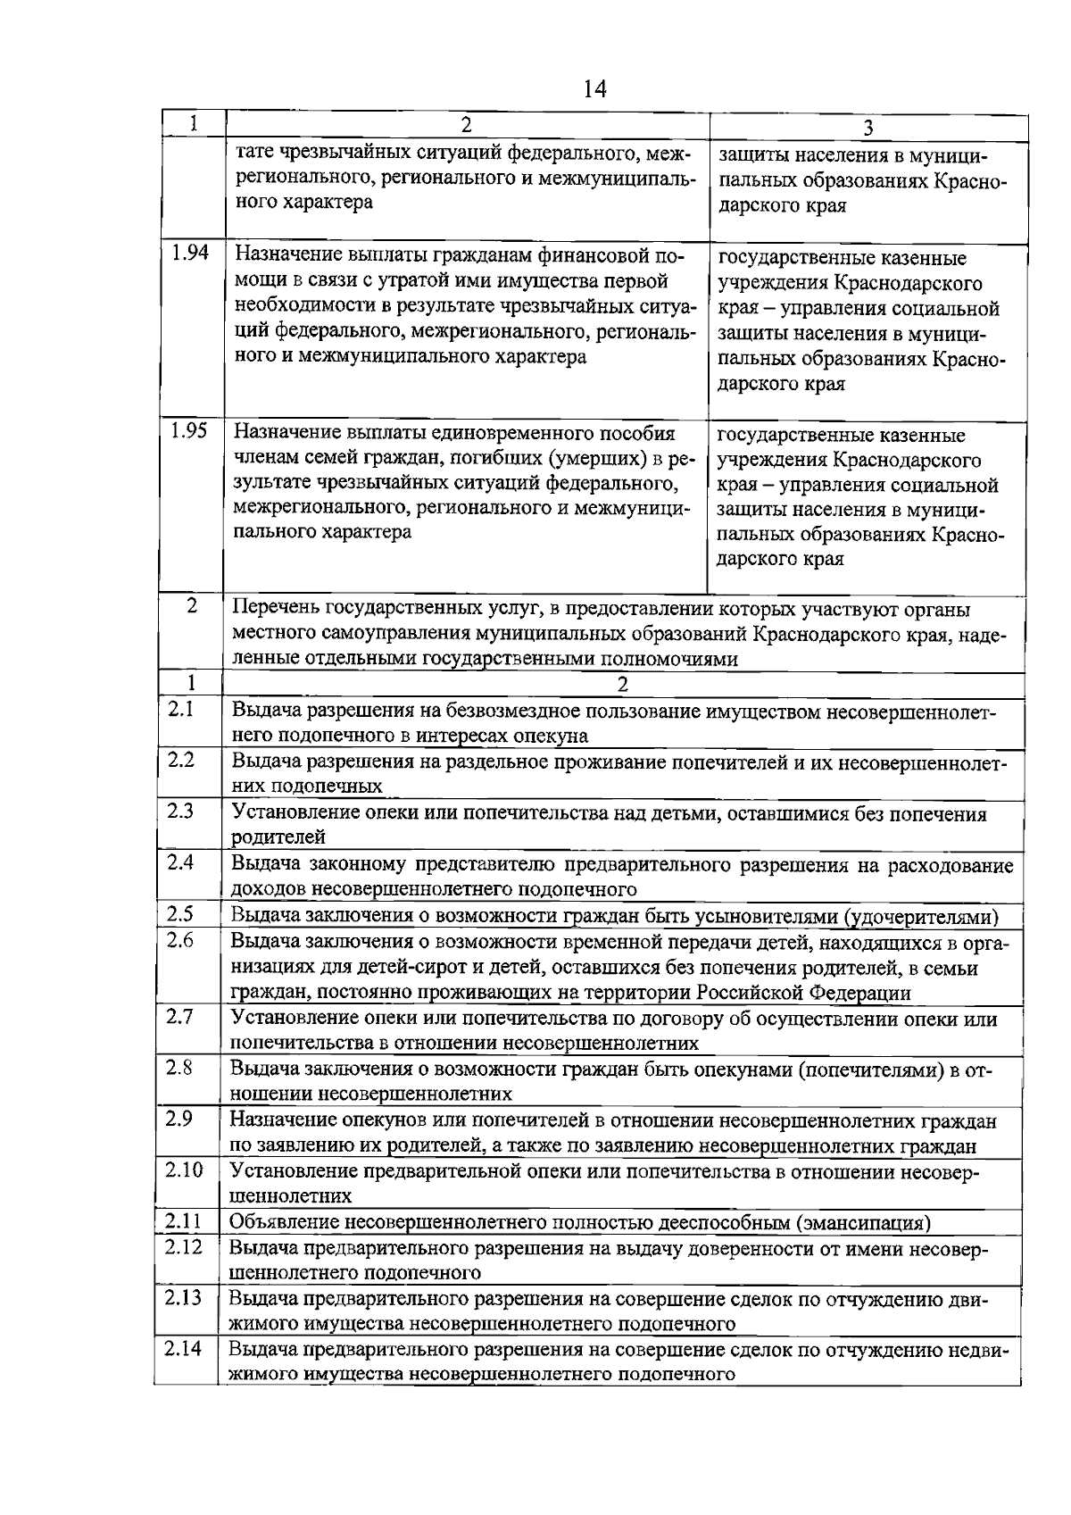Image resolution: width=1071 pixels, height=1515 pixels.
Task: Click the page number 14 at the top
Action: click(x=594, y=88)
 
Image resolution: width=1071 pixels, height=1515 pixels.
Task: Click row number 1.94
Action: click(x=190, y=253)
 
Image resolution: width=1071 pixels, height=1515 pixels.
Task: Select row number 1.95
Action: click(x=189, y=430)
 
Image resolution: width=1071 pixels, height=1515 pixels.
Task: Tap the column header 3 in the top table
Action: click(x=868, y=128)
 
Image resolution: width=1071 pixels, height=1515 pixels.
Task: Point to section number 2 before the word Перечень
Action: click(x=192, y=604)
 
